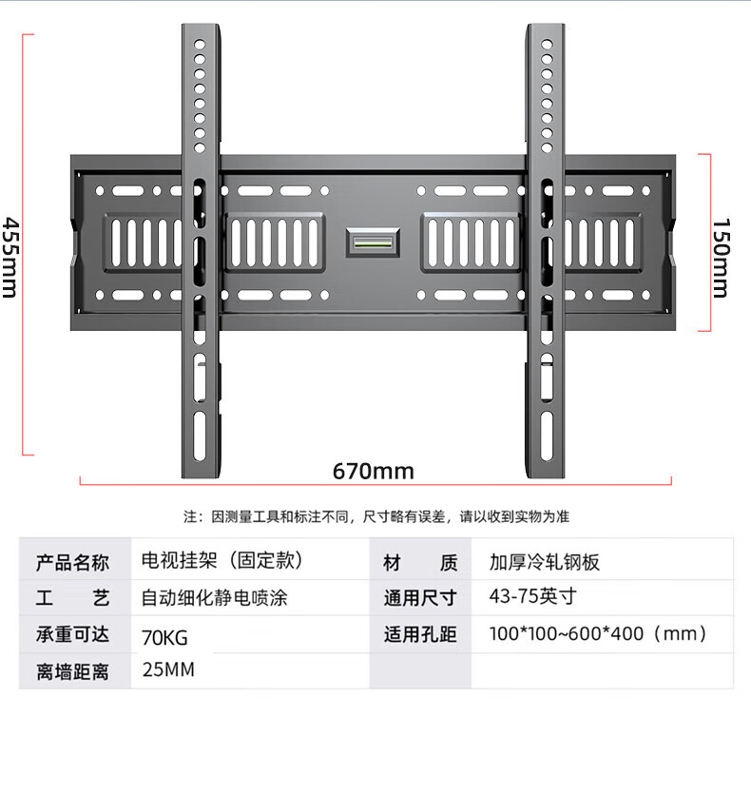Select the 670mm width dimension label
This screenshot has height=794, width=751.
click(x=373, y=471)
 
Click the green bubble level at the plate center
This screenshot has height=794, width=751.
click(x=372, y=242)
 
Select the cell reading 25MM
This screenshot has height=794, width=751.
click(x=168, y=669)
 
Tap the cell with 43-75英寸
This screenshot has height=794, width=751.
click(x=519, y=597)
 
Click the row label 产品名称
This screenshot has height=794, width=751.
click(x=73, y=562)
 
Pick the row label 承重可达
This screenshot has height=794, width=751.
click(x=73, y=635)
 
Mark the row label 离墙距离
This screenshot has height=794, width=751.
click(x=73, y=672)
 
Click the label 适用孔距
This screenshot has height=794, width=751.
click(x=420, y=634)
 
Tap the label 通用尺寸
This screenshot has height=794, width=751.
click(x=420, y=598)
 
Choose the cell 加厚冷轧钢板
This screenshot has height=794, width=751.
click(x=545, y=562)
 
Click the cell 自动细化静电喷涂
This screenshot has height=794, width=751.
click(x=214, y=598)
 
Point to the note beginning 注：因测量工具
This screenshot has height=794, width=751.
click(x=376, y=516)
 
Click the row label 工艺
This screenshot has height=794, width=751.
click(x=73, y=598)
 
